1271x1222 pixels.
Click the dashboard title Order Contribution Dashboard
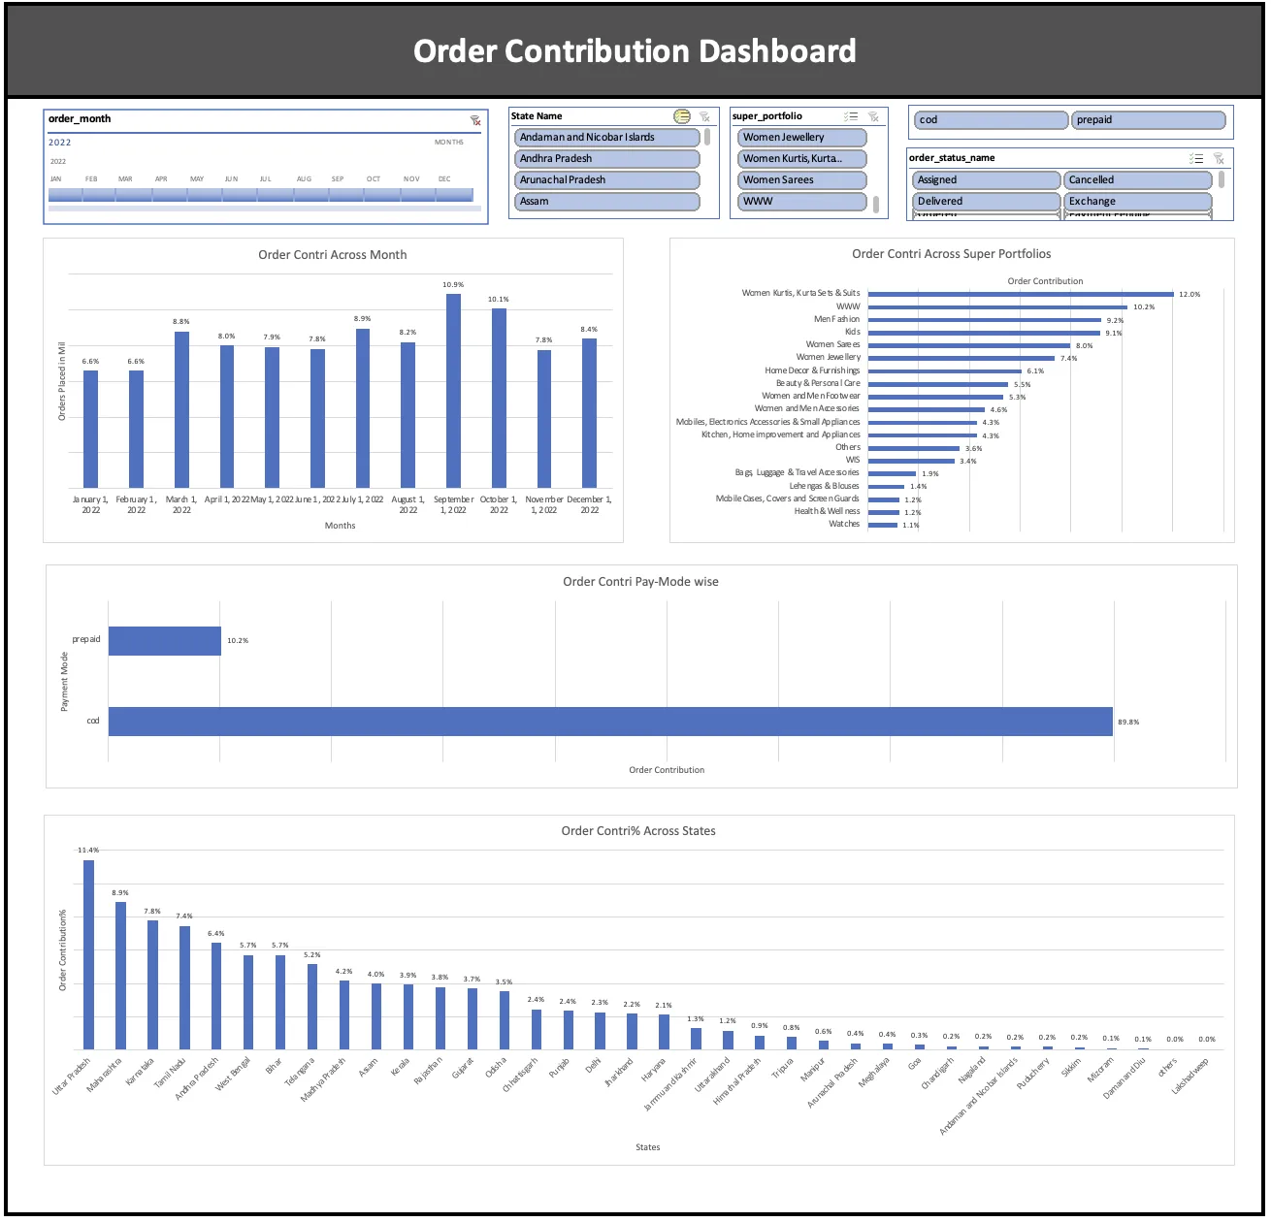click(635, 50)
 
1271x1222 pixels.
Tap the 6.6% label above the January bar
click(90, 361)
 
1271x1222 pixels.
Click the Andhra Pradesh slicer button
click(606, 159)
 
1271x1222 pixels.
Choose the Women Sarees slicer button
click(800, 180)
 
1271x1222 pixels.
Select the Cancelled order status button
click(1137, 180)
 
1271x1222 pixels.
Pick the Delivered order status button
click(986, 202)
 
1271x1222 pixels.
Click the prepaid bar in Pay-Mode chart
click(165, 641)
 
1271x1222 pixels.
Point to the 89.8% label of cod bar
click(1128, 723)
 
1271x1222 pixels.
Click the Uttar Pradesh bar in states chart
click(88, 954)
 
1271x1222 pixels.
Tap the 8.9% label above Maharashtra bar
click(120, 892)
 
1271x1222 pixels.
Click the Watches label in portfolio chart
click(844, 524)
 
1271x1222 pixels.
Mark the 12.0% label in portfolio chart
click(1190, 294)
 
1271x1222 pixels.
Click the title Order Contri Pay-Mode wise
click(640, 582)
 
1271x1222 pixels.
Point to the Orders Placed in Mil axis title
click(62, 381)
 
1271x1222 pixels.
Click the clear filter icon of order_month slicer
click(475, 120)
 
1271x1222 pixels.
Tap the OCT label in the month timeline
click(374, 179)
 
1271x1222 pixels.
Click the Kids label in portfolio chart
click(852, 332)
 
